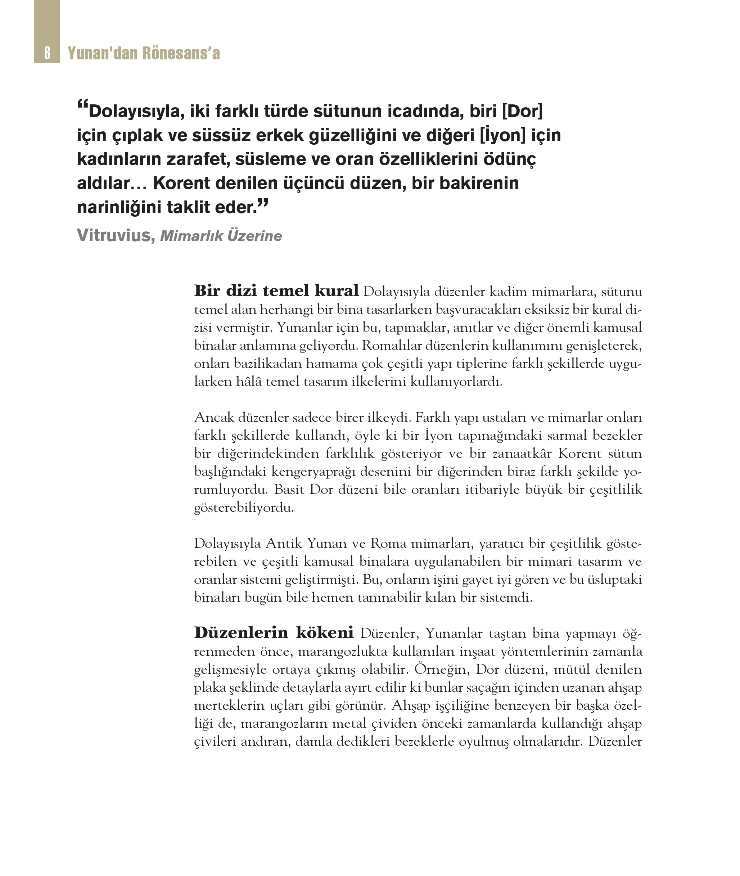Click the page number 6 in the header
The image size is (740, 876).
pyautogui.click(x=47, y=53)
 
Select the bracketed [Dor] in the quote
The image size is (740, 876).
pyautogui.click(x=522, y=111)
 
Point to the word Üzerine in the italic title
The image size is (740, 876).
pyautogui.click(x=254, y=236)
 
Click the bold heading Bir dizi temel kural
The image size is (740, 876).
pyautogui.click(x=276, y=290)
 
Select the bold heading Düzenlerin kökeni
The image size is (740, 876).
pyautogui.click(x=274, y=632)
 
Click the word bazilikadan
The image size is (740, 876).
pyautogui.click(x=267, y=364)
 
